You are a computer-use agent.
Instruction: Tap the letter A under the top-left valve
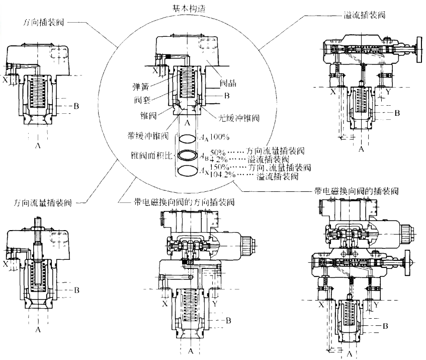pos(38,145)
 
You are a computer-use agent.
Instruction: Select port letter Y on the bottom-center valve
pos(215,304)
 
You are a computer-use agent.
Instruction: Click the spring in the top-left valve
pos(38,93)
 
